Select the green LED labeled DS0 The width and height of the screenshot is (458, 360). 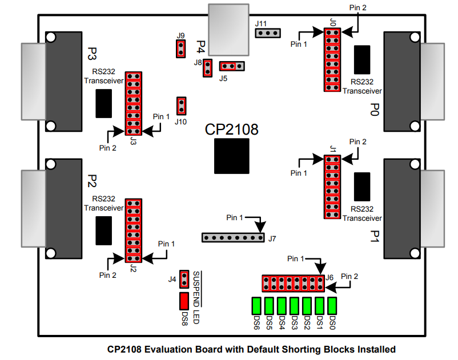click(332, 306)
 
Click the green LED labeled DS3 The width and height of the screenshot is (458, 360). click(294, 306)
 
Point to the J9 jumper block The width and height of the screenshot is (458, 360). click(180, 48)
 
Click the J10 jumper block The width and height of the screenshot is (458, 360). click(182, 106)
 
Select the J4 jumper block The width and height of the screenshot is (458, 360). click(184, 279)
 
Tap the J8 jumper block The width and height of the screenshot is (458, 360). click(208, 68)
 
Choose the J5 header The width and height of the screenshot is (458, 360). click(232, 67)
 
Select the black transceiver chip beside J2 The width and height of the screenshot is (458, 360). click(103, 230)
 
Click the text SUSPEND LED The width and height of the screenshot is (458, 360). click(196, 297)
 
